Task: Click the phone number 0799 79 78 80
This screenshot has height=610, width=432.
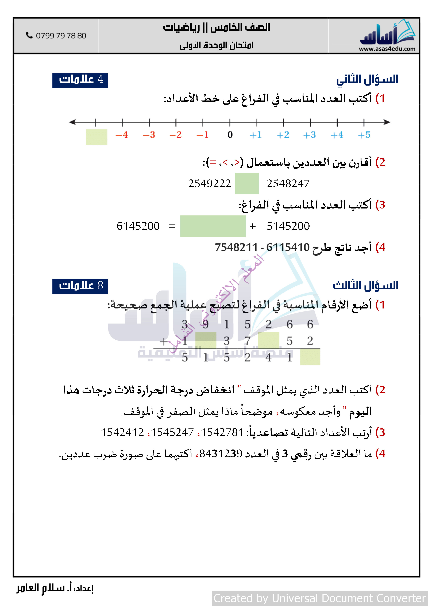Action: pos(61,36)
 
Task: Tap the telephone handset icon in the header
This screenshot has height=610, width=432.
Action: pos(29,35)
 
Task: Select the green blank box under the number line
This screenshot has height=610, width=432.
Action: pos(96,137)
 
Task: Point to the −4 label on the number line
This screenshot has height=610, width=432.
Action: pos(122,135)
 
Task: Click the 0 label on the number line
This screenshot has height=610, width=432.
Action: pos(230,135)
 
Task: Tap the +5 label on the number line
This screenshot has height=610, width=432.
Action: pos(364,135)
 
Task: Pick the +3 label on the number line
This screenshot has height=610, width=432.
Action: pos(310,135)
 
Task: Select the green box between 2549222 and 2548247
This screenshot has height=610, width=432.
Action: pos(247,183)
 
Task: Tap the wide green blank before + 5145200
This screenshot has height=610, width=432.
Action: pos(213,226)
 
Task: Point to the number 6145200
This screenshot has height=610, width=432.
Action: pos(138,226)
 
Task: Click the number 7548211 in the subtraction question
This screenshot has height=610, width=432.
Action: pos(236,247)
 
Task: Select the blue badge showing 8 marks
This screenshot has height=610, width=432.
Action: pos(80,286)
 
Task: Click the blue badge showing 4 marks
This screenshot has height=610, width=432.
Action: pos(80,80)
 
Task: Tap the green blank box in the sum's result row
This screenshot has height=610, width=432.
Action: pos(310,357)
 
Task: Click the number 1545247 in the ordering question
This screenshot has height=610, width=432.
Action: pos(172,432)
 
